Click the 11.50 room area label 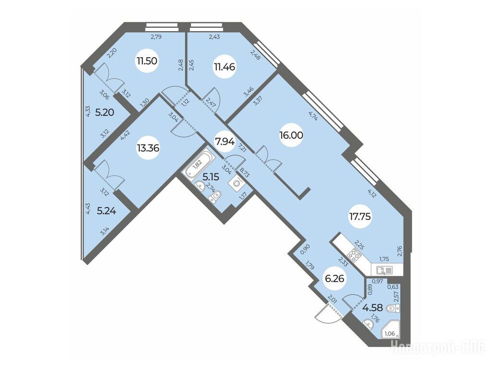(x=147, y=61)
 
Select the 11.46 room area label (x=225, y=66)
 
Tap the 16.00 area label (x=291, y=135)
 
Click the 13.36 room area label (x=148, y=148)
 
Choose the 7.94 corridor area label (x=224, y=142)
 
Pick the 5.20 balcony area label (x=104, y=112)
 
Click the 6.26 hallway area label (x=335, y=278)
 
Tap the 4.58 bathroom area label (x=372, y=307)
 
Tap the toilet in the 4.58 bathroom (x=393, y=309)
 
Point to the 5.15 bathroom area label (x=211, y=177)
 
